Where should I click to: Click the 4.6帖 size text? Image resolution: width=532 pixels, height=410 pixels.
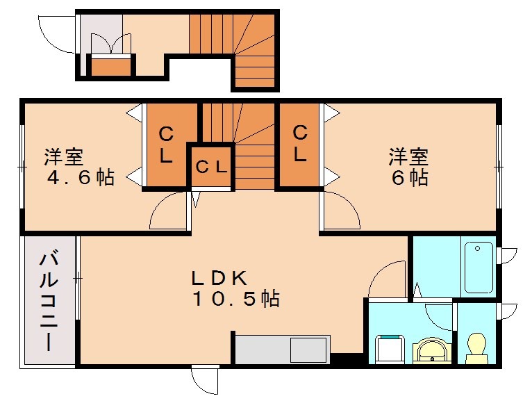point(81,177)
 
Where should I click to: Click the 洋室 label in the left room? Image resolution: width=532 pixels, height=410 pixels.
point(64,156)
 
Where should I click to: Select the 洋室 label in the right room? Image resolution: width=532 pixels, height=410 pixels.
point(408,156)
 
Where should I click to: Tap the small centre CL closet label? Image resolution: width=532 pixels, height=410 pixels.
point(210,167)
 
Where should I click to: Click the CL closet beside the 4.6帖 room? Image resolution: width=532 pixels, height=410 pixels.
point(166,144)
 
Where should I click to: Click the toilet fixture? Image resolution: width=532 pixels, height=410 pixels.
point(476,347)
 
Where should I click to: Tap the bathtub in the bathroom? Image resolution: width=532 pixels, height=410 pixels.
point(479,267)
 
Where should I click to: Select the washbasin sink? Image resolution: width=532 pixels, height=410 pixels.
point(433,351)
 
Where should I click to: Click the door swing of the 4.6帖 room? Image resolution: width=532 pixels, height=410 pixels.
point(169,212)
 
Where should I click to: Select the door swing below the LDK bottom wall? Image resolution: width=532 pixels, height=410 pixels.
point(205,381)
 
